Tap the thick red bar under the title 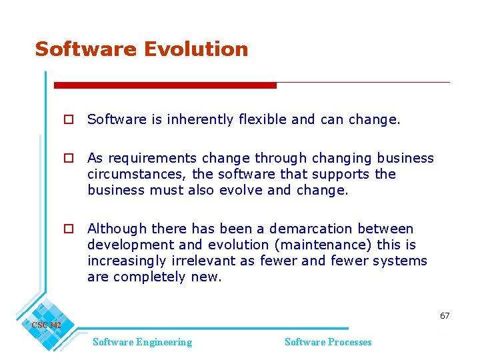(x=165, y=85)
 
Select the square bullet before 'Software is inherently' (x=68, y=120)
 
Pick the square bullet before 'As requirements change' (x=68, y=159)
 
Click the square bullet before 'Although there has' (x=68, y=229)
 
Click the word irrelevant (x=212, y=261)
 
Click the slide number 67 (x=445, y=315)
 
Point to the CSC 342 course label (x=46, y=325)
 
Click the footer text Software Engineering (x=142, y=342)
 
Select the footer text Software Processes (x=328, y=342)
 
